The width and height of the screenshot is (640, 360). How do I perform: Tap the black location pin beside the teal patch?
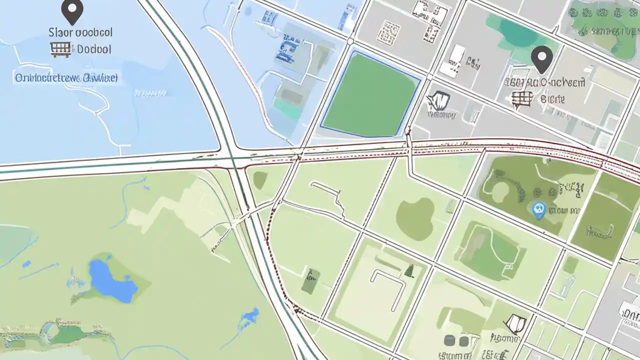(541, 58)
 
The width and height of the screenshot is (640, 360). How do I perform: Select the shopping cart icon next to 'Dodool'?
(60, 49)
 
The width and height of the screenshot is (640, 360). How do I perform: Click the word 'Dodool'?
(94, 49)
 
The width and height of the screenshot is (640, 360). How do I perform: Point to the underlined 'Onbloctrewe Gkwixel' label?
(66, 78)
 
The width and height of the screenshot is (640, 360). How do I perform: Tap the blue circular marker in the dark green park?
(538, 210)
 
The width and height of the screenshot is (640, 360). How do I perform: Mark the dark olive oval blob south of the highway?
(415, 218)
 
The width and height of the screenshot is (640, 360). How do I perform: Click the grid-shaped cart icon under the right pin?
(520, 99)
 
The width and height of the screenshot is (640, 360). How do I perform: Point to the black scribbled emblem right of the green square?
(438, 101)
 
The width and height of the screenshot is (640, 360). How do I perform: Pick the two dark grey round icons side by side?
(456, 341)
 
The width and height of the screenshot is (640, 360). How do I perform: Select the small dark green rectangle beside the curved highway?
(310, 281)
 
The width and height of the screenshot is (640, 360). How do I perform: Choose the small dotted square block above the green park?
(388, 32)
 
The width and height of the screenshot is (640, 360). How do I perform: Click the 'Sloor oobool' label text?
(80, 32)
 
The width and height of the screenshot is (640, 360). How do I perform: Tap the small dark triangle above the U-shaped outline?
(409, 271)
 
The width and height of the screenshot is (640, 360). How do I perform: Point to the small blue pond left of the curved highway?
(248, 317)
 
